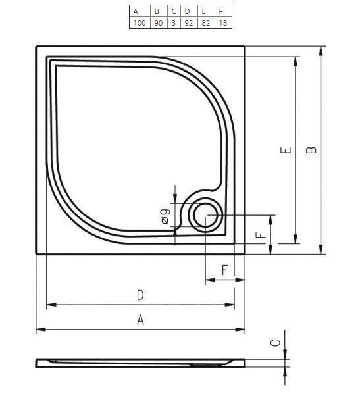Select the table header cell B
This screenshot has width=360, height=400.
[157, 11]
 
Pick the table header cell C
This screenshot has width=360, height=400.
[173, 11]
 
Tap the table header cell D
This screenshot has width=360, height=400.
[188, 11]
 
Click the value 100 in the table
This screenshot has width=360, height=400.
[139, 23]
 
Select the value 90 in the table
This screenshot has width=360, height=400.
[157, 23]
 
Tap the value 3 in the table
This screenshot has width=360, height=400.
[173, 23]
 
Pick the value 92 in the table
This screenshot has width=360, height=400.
[188, 23]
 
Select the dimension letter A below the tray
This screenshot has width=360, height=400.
[140, 320]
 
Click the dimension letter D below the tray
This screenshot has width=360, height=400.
[140, 296]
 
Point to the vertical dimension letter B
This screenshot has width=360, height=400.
[312, 149]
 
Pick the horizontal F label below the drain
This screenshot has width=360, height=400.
[224, 270]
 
